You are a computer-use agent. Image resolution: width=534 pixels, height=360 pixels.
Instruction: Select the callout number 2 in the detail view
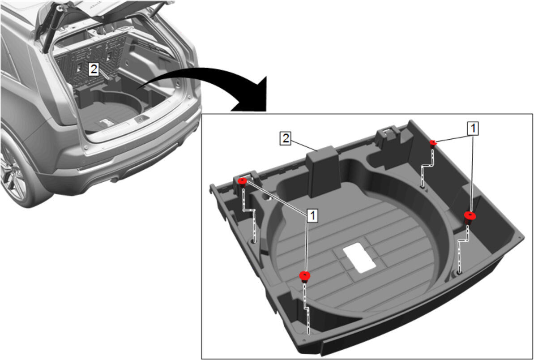coord(286,139)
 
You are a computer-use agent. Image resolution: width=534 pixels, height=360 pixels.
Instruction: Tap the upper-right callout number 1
coord(473,129)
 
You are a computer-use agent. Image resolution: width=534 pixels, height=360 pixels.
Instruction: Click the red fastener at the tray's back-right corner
coord(433,142)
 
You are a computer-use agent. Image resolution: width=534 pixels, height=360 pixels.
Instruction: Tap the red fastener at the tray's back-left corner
coord(242,181)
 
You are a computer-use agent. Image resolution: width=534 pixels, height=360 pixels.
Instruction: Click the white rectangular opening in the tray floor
coord(359,257)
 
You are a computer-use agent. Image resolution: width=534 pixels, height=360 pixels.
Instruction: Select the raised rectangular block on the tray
coord(323,171)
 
